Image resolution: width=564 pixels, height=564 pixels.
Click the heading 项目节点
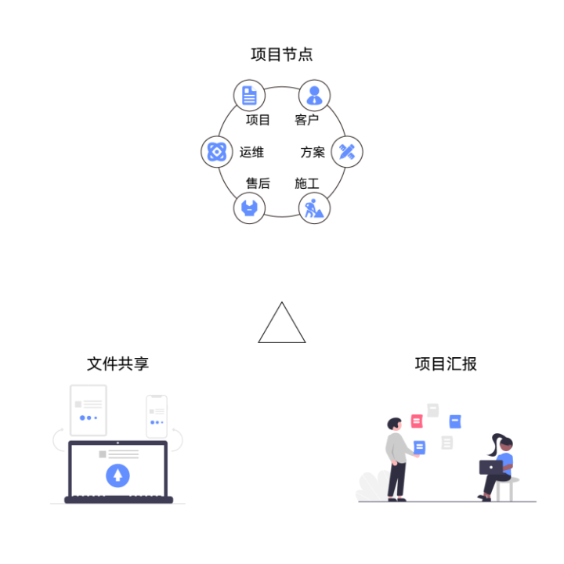pos(282,55)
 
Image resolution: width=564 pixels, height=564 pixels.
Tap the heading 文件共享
pos(117,364)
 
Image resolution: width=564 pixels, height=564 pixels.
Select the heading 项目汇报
pos(446,364)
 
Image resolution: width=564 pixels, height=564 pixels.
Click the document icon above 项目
pos(249,96)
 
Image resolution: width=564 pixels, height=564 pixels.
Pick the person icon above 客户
pos(314,96)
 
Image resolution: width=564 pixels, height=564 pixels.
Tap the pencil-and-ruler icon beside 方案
pos(347,151)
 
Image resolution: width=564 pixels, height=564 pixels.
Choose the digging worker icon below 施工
pos(314,208)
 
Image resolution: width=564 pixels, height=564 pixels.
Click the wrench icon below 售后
pos(249,208)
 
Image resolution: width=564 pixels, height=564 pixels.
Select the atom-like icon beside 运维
pos(216,151)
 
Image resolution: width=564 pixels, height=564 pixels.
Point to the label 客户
pos(306,120)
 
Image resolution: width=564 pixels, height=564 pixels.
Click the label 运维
pos(251,152)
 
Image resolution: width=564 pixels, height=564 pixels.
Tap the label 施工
pos(306,183)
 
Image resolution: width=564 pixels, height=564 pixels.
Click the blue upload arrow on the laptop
pos(117,475)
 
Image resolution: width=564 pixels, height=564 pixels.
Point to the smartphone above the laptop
pos(157,416)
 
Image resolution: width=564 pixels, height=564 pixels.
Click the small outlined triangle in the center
pos(282,325)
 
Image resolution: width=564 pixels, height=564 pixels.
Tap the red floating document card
pos(417,421)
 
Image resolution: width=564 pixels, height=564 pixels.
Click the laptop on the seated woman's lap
pos(491,468)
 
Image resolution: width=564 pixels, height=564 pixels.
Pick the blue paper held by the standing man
pos(420,447)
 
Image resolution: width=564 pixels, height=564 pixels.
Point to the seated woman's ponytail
pos(493,448)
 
